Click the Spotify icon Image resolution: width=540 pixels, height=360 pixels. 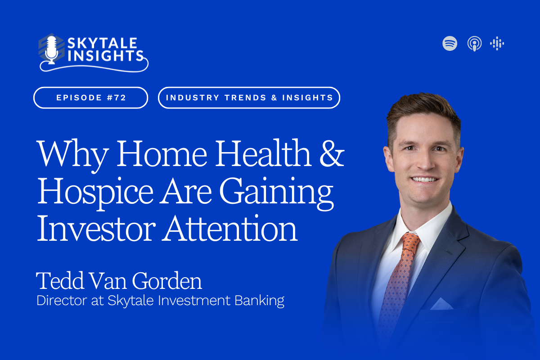450,43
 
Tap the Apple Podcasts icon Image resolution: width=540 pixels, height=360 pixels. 474,44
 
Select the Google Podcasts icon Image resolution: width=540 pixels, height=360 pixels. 497,43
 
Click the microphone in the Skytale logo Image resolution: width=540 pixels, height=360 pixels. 51,50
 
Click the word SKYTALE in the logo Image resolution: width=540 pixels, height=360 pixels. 103,43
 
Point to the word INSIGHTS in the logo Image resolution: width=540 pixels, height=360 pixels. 106,56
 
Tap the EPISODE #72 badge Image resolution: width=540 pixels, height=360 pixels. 90,98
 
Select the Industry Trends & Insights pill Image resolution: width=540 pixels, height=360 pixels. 249,98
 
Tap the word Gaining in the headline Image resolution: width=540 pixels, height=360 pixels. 276,193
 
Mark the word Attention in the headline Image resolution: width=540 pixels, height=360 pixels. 229,228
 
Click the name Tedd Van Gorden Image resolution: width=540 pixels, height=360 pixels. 119,280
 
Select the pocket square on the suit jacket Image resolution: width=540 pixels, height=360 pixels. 441,304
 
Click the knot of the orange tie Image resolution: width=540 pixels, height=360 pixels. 410,242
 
